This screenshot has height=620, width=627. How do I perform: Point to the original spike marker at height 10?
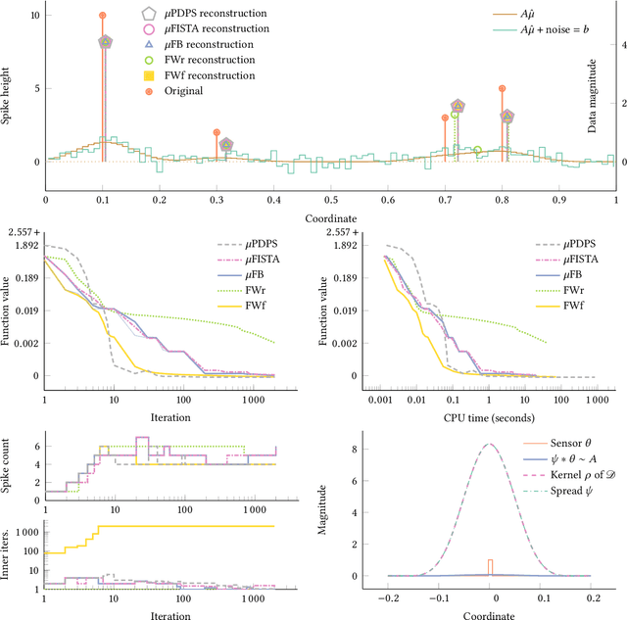pos(103,16)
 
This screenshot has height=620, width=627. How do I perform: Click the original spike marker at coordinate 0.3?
pos(217,132)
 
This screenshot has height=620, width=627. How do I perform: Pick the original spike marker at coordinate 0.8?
pos(502,88)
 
